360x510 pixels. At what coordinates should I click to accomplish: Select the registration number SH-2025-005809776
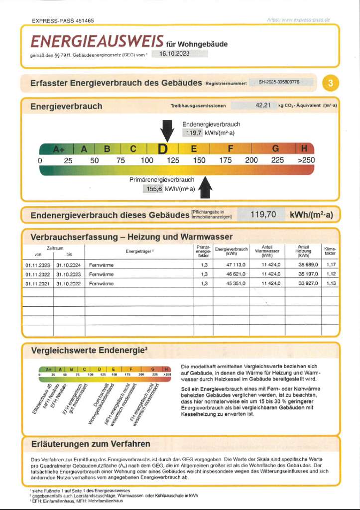[x=279, y=82]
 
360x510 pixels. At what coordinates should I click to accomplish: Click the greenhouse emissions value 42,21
[x=262, y=105]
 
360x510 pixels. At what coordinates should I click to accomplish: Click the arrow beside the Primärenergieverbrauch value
[x=205, y=188]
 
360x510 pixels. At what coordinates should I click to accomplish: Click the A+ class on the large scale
[x=59, y=149]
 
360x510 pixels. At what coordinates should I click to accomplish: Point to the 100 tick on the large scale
[x=147, y=160]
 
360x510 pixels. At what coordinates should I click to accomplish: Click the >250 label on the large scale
[x=306, y=160]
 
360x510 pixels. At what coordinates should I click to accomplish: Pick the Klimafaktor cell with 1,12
[x=331, y=274]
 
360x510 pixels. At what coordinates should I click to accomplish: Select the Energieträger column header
[x=139, y=251]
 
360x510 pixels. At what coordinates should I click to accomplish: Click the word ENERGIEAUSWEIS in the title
[x=97, y=41]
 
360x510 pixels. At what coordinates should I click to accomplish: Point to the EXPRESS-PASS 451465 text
[x=63, y=21]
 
